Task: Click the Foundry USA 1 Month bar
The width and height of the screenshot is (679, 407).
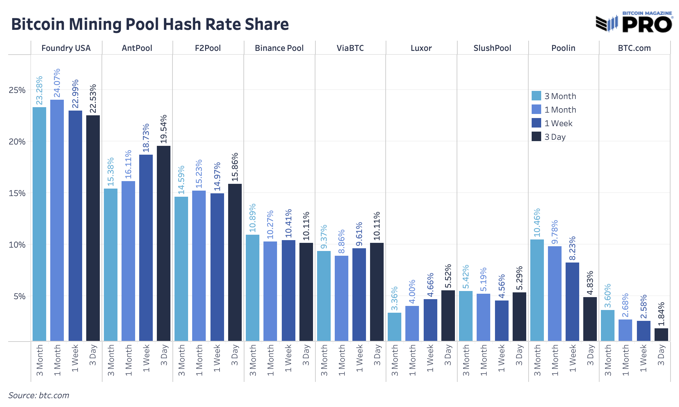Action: click(x=57, y=220)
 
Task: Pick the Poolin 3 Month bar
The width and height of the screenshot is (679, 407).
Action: click(x=537, y=290)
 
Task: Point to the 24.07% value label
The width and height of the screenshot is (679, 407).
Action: click(x=57, y=83)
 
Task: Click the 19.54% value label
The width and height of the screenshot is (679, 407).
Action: click(x=164, y=129)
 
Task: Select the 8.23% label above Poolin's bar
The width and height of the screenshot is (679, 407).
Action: click(x=572, y=248)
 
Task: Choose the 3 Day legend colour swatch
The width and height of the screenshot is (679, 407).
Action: click(x=536, y=137)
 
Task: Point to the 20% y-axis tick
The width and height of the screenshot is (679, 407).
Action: click(x=17, y=142)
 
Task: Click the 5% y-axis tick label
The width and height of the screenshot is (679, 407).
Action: click(x=19, y=296)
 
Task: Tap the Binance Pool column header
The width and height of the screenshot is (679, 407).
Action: click(x=279, y=48)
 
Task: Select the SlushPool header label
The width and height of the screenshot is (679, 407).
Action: click(x=492, y=48)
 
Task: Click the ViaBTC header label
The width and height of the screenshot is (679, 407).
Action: click(x=350, y=48)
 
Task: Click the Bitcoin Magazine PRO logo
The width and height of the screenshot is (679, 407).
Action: click(x=634, y=23)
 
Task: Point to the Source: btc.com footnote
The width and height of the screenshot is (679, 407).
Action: click(x=39, y=395)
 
